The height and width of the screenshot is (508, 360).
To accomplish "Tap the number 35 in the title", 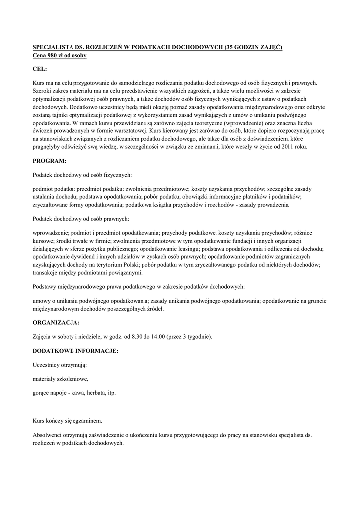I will (x=229, y=47).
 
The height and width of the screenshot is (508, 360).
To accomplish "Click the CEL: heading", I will (x=40, y=70).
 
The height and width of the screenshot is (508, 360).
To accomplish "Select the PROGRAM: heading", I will (x=49, y=161).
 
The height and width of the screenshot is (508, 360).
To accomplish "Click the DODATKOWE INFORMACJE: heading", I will (x=75, y=351).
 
